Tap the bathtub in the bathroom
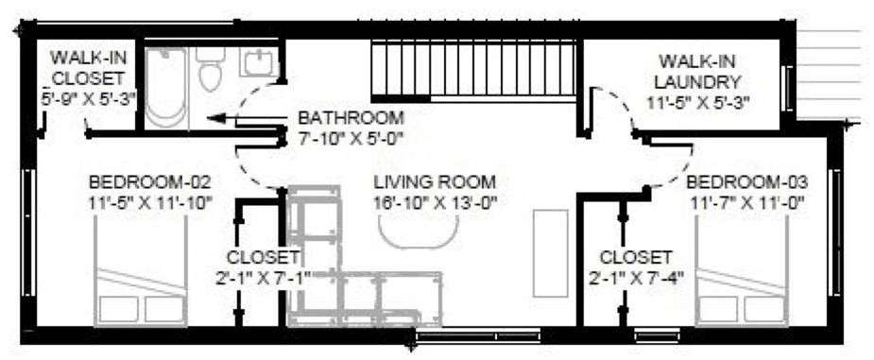pos(165,88)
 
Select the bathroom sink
pos(259,61)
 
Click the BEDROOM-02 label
pos(150,182)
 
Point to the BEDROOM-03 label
pos(746,182)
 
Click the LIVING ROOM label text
pos(435,182)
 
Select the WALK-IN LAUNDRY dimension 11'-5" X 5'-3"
pos(698,103)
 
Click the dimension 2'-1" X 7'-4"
pos(636,278)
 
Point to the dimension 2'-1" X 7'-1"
pos(263,278)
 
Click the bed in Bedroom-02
pos(141,271)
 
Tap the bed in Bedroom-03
pos(742,271)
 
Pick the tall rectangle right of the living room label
pos(550,253)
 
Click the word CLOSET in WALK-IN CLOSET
pos(88,77)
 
